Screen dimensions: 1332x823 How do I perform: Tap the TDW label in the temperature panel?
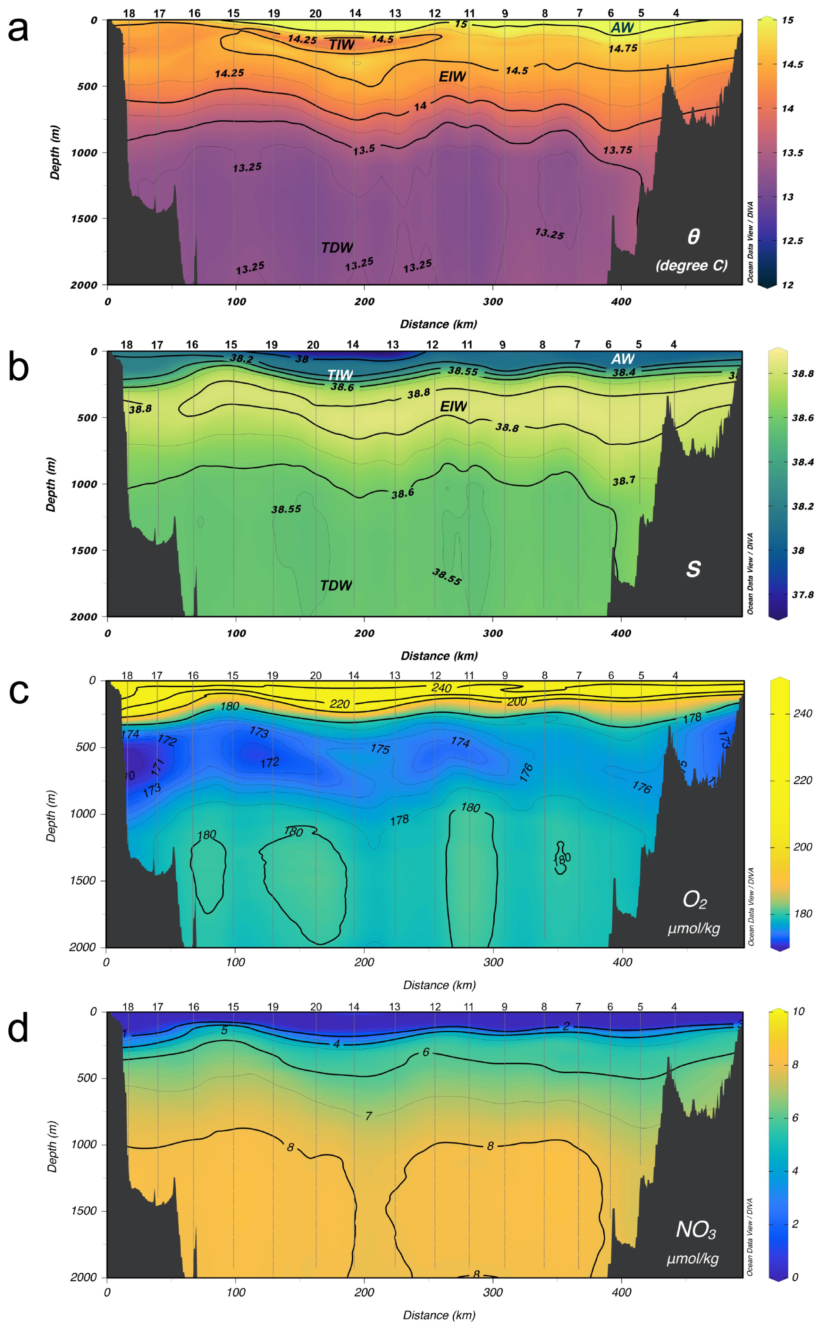[x=337, y=248]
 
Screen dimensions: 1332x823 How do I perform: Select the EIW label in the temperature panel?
[x=452, y=77]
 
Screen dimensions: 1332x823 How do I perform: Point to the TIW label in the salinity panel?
[x=340, y=375]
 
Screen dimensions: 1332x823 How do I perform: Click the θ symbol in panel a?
[x=693, y=237]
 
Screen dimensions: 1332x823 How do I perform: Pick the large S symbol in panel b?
[x=693, y=569]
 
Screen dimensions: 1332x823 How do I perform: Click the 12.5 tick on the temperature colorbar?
[x=792, y=241]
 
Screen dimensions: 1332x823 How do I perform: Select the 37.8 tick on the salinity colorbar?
[x=802, y=595]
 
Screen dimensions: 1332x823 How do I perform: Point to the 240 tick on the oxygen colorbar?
[x=802, y=714]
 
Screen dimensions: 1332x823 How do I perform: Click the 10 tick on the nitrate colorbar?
[x=798, y=1011]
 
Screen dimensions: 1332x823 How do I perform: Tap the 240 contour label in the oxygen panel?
[x=441, y=688]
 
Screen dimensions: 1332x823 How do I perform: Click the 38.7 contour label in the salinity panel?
[x=623, y=481]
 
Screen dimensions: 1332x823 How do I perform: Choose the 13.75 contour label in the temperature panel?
[x=617, y=150]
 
